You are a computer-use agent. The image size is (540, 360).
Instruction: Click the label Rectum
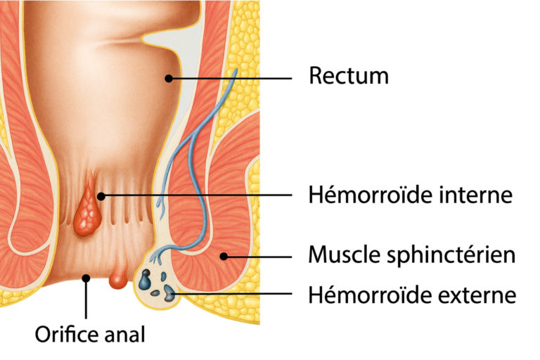[348, 76]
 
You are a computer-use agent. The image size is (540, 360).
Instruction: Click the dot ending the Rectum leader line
[169, 77]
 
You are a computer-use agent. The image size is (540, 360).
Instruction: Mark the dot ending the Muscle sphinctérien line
[224, 256]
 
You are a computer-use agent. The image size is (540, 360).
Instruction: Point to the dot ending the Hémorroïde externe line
[171, 290]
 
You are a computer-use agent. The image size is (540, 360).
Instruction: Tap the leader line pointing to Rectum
[232, 77]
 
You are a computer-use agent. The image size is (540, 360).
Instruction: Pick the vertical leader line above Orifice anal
[86, 299]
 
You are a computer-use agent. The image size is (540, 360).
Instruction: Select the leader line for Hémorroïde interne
[197, 195]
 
